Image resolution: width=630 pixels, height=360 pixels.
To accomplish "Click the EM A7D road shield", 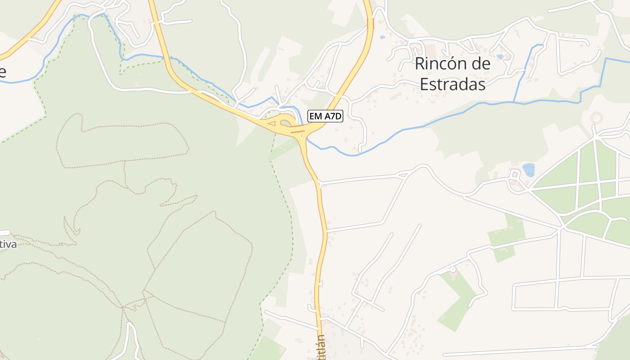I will click(x=325, y=116).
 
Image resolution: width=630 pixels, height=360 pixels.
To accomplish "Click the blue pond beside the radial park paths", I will click(x=529, y=170).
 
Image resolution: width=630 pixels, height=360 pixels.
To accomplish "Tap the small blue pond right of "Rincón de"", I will click(x=500, y=57).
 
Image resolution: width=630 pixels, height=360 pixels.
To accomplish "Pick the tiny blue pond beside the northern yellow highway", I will click(x=382, y=37).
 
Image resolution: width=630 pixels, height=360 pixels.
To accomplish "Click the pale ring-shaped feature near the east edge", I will click(x=596, y=118).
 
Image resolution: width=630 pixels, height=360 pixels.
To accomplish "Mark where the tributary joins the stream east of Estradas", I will click(x=515, y=102).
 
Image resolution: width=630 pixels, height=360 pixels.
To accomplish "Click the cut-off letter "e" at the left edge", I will click(x=3, y=72).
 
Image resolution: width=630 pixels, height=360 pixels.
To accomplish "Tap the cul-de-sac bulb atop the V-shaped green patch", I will click(x=453, y=269).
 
